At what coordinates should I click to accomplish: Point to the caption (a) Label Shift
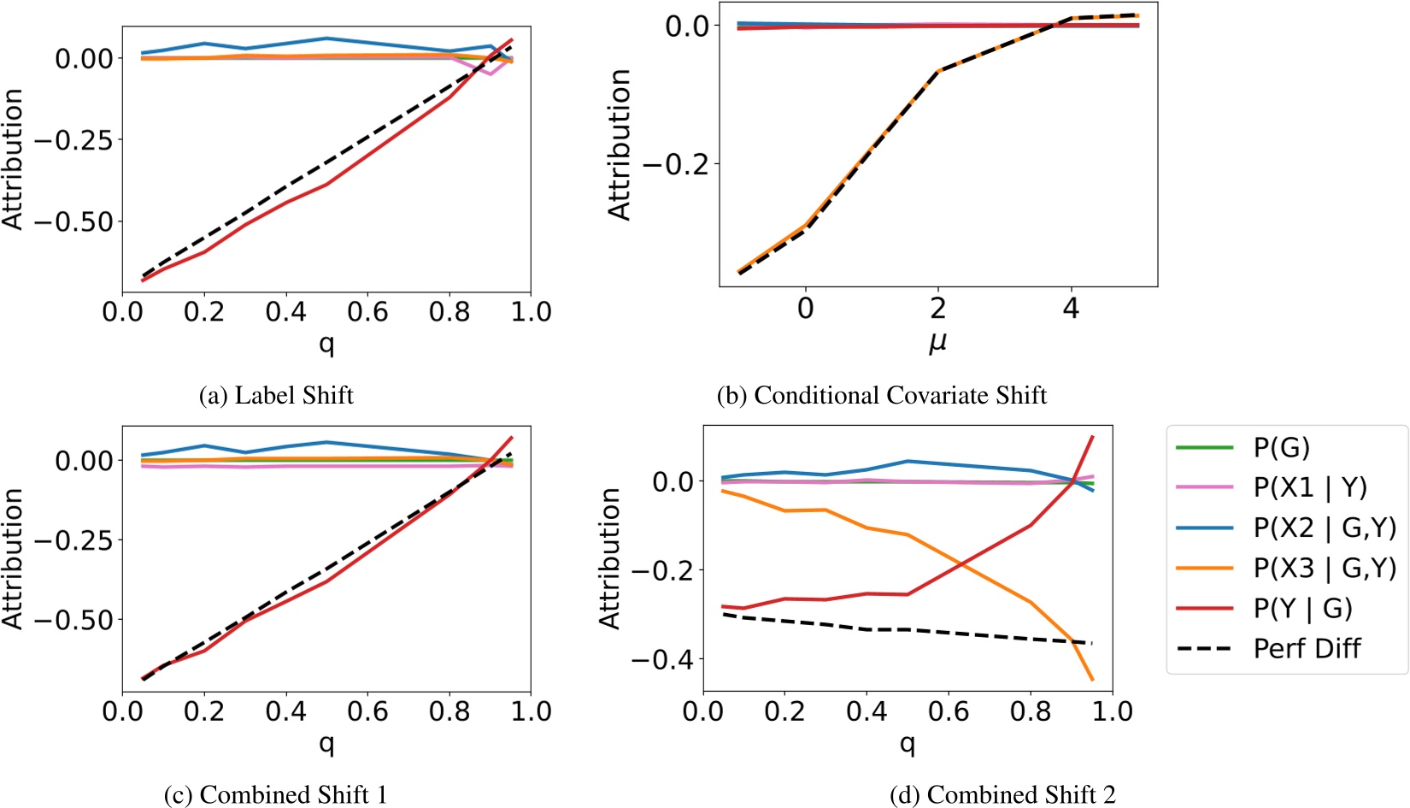(275, 395)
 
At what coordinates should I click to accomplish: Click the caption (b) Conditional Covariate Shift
(881, 395)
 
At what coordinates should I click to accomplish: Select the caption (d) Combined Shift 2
(1002, 794)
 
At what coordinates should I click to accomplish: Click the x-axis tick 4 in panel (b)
(1071, 309)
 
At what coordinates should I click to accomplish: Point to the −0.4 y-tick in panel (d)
(659, 659)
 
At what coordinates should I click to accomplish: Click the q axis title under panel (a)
(326, 344)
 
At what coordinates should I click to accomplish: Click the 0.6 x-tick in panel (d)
(949, 711)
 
